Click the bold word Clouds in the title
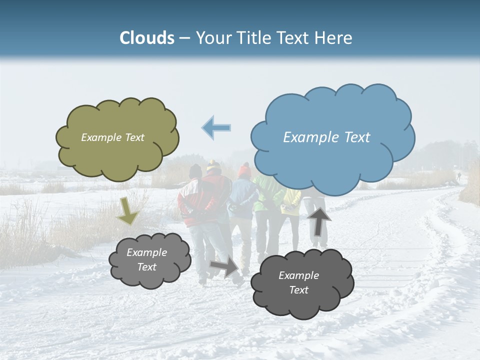pos(147,38)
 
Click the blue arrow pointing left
pos(216,127)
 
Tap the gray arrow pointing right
pos(224,265)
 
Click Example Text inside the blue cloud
pos(326,137)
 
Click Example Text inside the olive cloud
pos(112,137)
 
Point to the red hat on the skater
pos(244,171)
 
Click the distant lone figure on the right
pos(458,176)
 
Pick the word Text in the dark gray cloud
pos(298,290)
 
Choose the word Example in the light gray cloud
pos(146,252)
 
